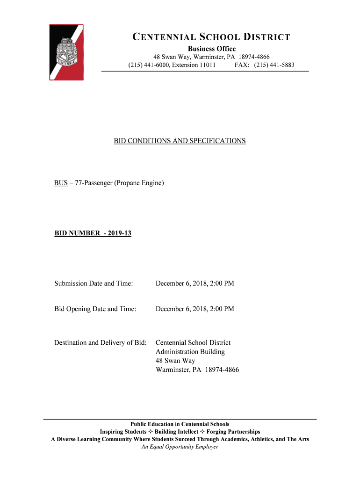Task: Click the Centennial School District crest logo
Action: coord(66,52)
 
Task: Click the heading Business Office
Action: coord(212,49)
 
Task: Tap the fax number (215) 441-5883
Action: coord(274,65)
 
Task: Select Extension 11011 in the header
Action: coord(194,65)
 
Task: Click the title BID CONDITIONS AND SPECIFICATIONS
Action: coord(180,141)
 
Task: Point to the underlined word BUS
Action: coord(61,183)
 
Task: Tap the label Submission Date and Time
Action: coord(94,283)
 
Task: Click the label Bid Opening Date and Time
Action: coord(95,309)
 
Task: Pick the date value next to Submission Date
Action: coord(194,283)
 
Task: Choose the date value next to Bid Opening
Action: coord(194,309)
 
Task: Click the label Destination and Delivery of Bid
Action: coord(101,343)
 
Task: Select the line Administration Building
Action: coord(190,352)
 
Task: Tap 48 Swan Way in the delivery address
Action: coord(175,361)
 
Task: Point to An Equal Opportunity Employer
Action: coord(180,447)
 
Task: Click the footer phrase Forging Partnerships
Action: coord(233,432)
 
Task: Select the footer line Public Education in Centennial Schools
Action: coord(180,424)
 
